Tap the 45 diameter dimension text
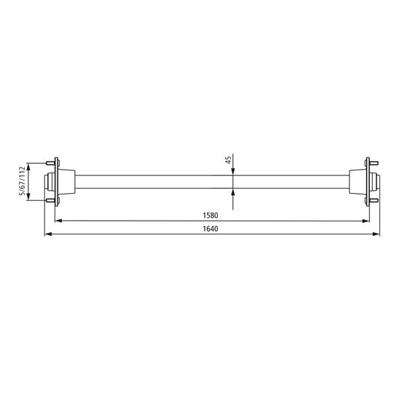coord(228,159)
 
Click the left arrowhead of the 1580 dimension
coord(60,221)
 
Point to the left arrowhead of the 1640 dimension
coord(48,235)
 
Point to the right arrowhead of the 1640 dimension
coord(377,235)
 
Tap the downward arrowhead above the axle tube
coord(232,171)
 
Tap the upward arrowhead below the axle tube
coord(232,192)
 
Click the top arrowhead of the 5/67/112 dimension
coord(29,165)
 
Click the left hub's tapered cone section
coord(67,182)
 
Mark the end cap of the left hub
coord(48,182)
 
